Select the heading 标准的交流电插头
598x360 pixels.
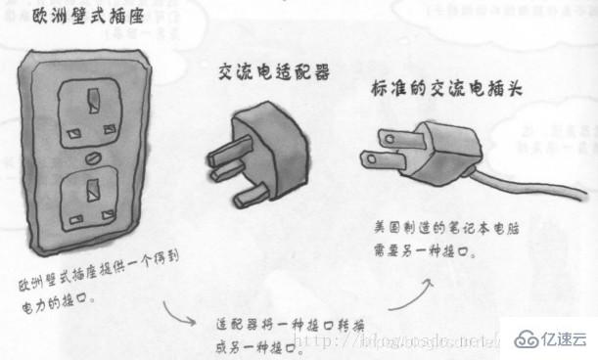tap(445, 89)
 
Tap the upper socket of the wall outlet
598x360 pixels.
tap(90, 111)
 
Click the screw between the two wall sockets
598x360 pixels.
tap(91, 156)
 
